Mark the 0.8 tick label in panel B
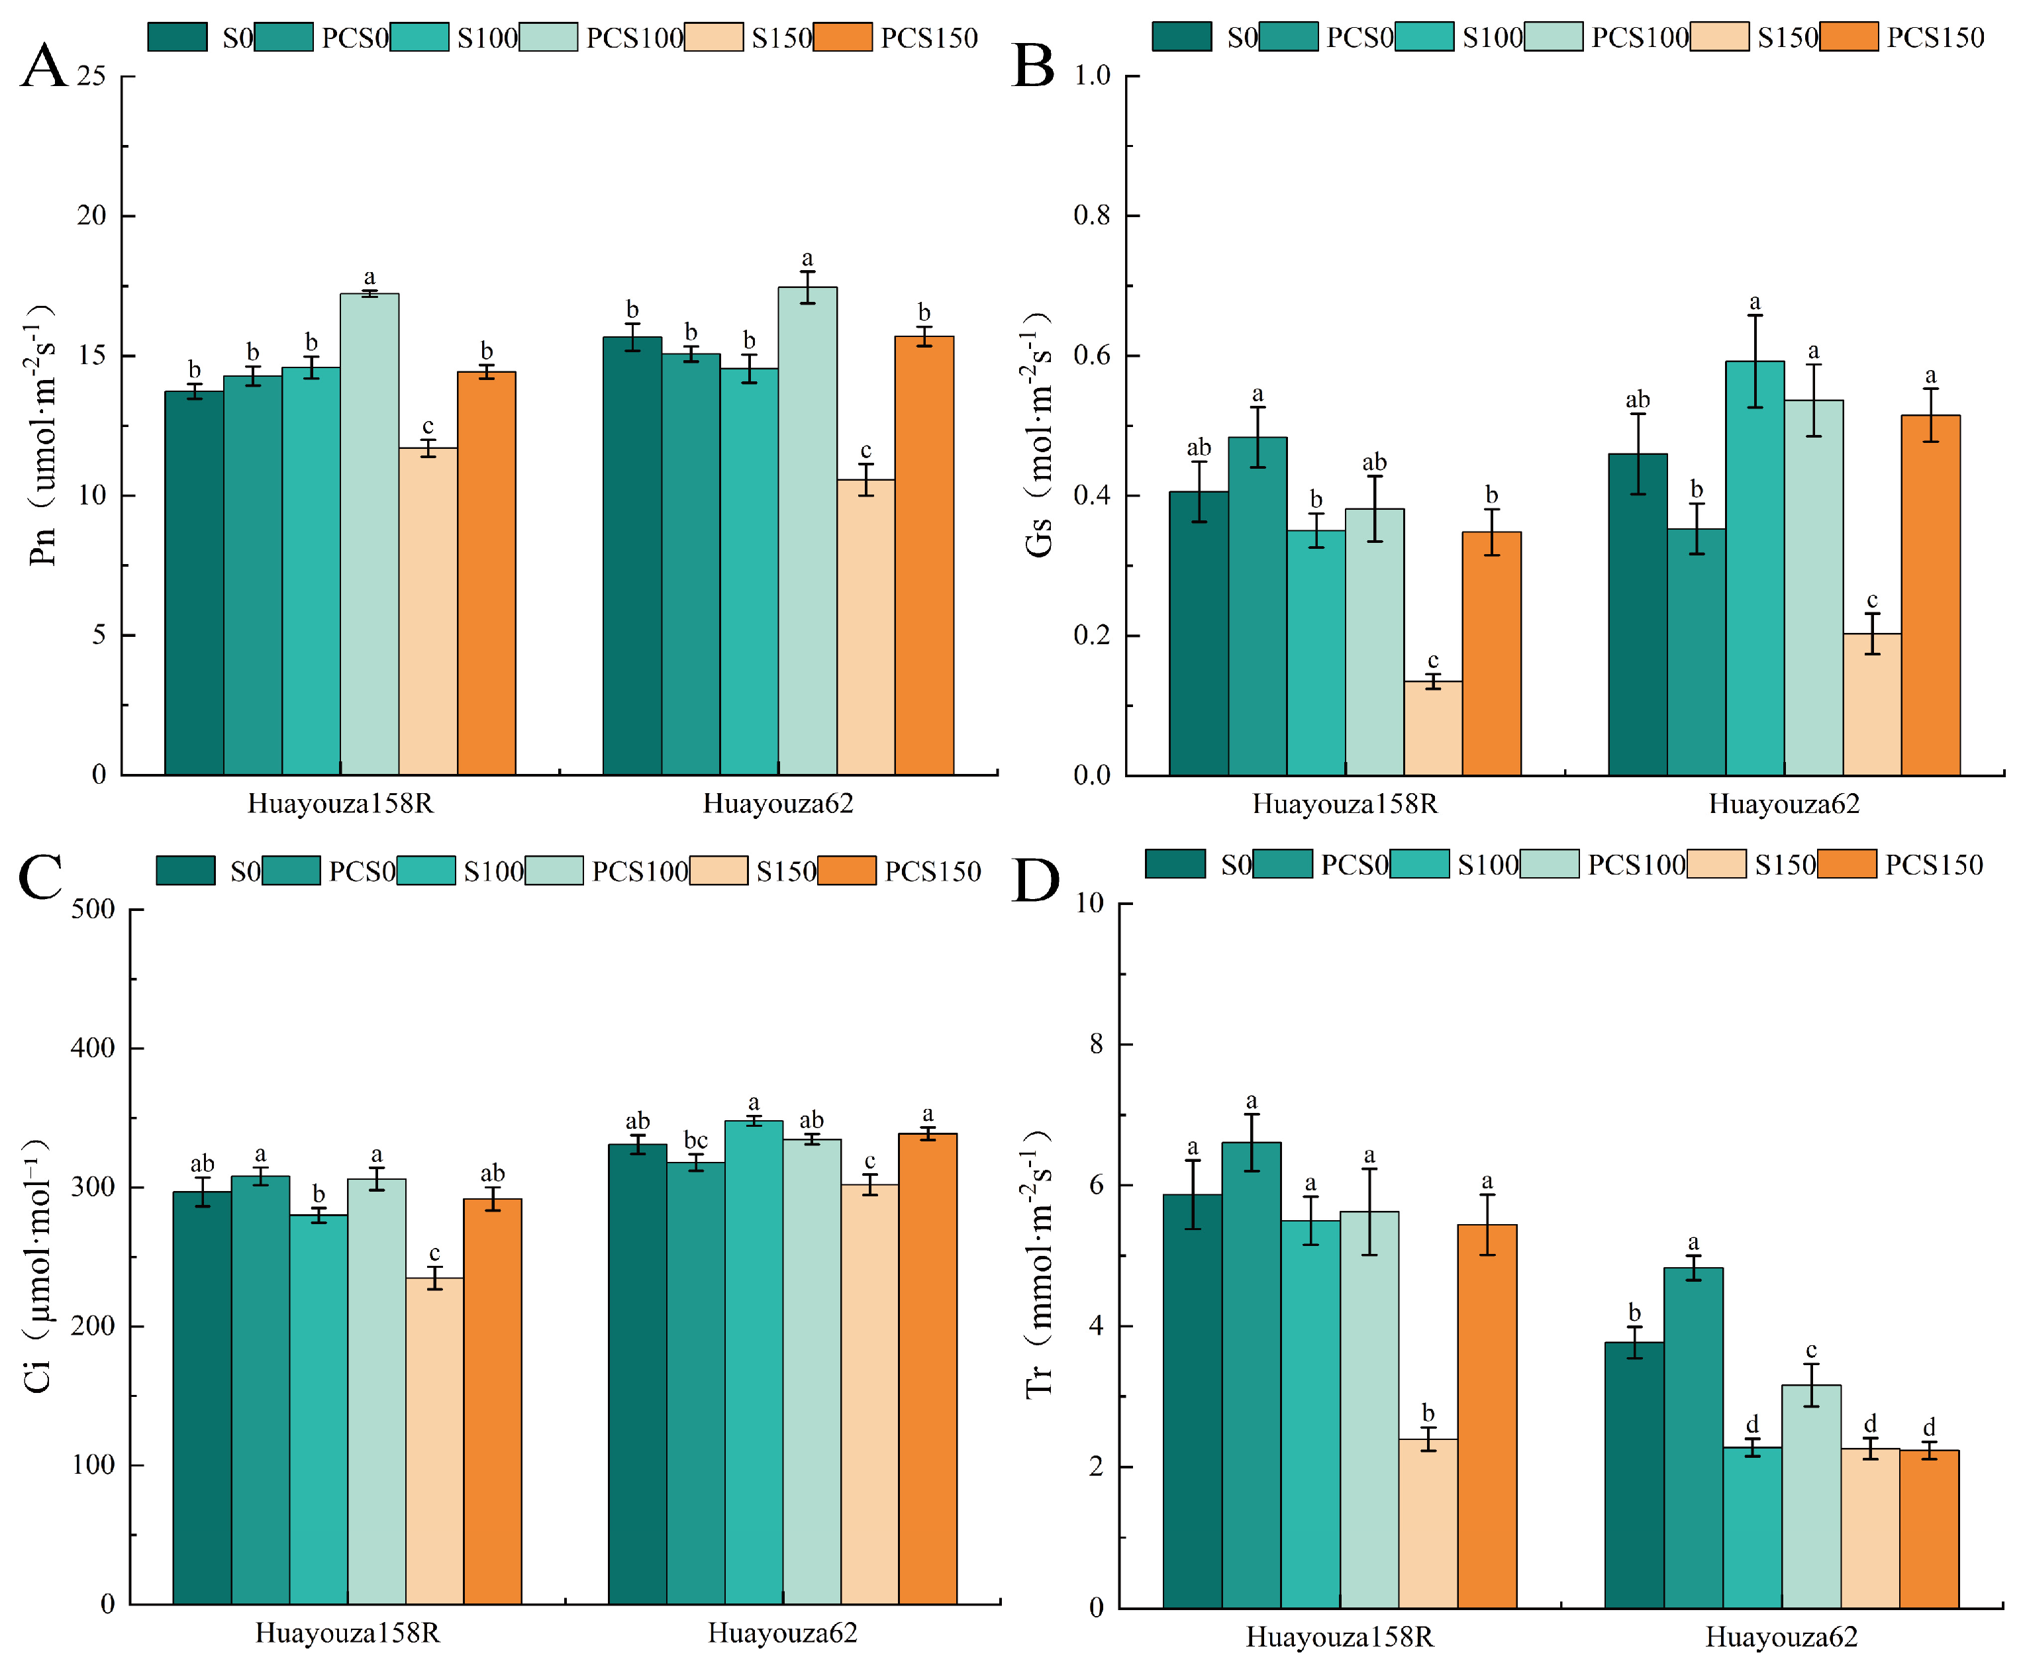click(1093, 216)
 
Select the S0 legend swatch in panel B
click(1181, 36)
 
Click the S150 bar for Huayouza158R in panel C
click(434, 1440)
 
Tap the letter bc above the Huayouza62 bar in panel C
click(695, 1140)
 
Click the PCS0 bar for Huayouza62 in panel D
click(1693, 1437)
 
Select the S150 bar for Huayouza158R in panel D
click(1428, 1523)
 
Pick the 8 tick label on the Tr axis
click(1097, 1044)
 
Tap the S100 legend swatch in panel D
click(1419, 864)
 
